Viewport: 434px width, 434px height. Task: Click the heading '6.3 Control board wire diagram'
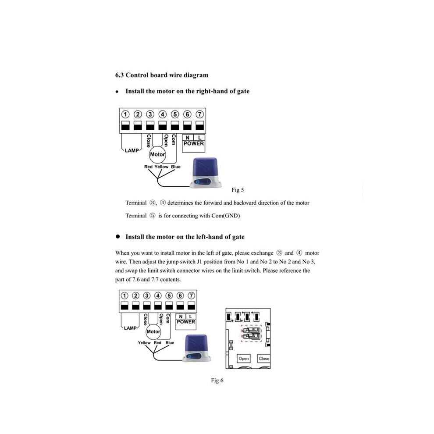pyautogui.click(x=162, y=75)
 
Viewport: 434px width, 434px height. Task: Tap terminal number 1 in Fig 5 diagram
pyautogui.click(x=125, y=114)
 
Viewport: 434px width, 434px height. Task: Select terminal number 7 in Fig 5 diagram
pyautogui.click(x=199, y=114)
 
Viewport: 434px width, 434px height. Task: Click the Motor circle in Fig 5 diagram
pyautogui.click(x=157, y=154)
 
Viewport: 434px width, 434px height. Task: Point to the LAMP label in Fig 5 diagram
pyautogui.click(x=132, y=150)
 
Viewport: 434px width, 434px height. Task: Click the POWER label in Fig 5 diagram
pyautogui.click(x=193, y=143)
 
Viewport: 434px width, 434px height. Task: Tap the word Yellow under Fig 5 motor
pyautogui.click(x=161, y=167)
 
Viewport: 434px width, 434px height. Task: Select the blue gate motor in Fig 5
pyautogui.click(x=206, y=173)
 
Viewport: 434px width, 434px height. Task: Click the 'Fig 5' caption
pyautogui.click(x=238, y=190)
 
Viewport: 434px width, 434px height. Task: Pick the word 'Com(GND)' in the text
pyautogui.click(x=226, y=216)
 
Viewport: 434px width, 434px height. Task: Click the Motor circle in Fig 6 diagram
pyautogui.click(x=153, y=331)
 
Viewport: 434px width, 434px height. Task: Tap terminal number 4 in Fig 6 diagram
pyautogui.click(x=158, y=295)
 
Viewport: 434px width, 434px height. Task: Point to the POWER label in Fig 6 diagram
pyautogui.click(x=186, y=322)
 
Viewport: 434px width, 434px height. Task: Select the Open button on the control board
pyautogui.click(x=244, y=359)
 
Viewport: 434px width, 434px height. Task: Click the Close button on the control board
pyautogui.click(x=264, y=359)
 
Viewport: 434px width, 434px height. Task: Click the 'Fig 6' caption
pyautogui.click(x=217, y=381)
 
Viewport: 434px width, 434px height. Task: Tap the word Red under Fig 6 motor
pyautogui.click(x=157, y=343)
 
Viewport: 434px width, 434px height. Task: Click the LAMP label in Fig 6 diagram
pyautogui.click(x=130, y=328)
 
